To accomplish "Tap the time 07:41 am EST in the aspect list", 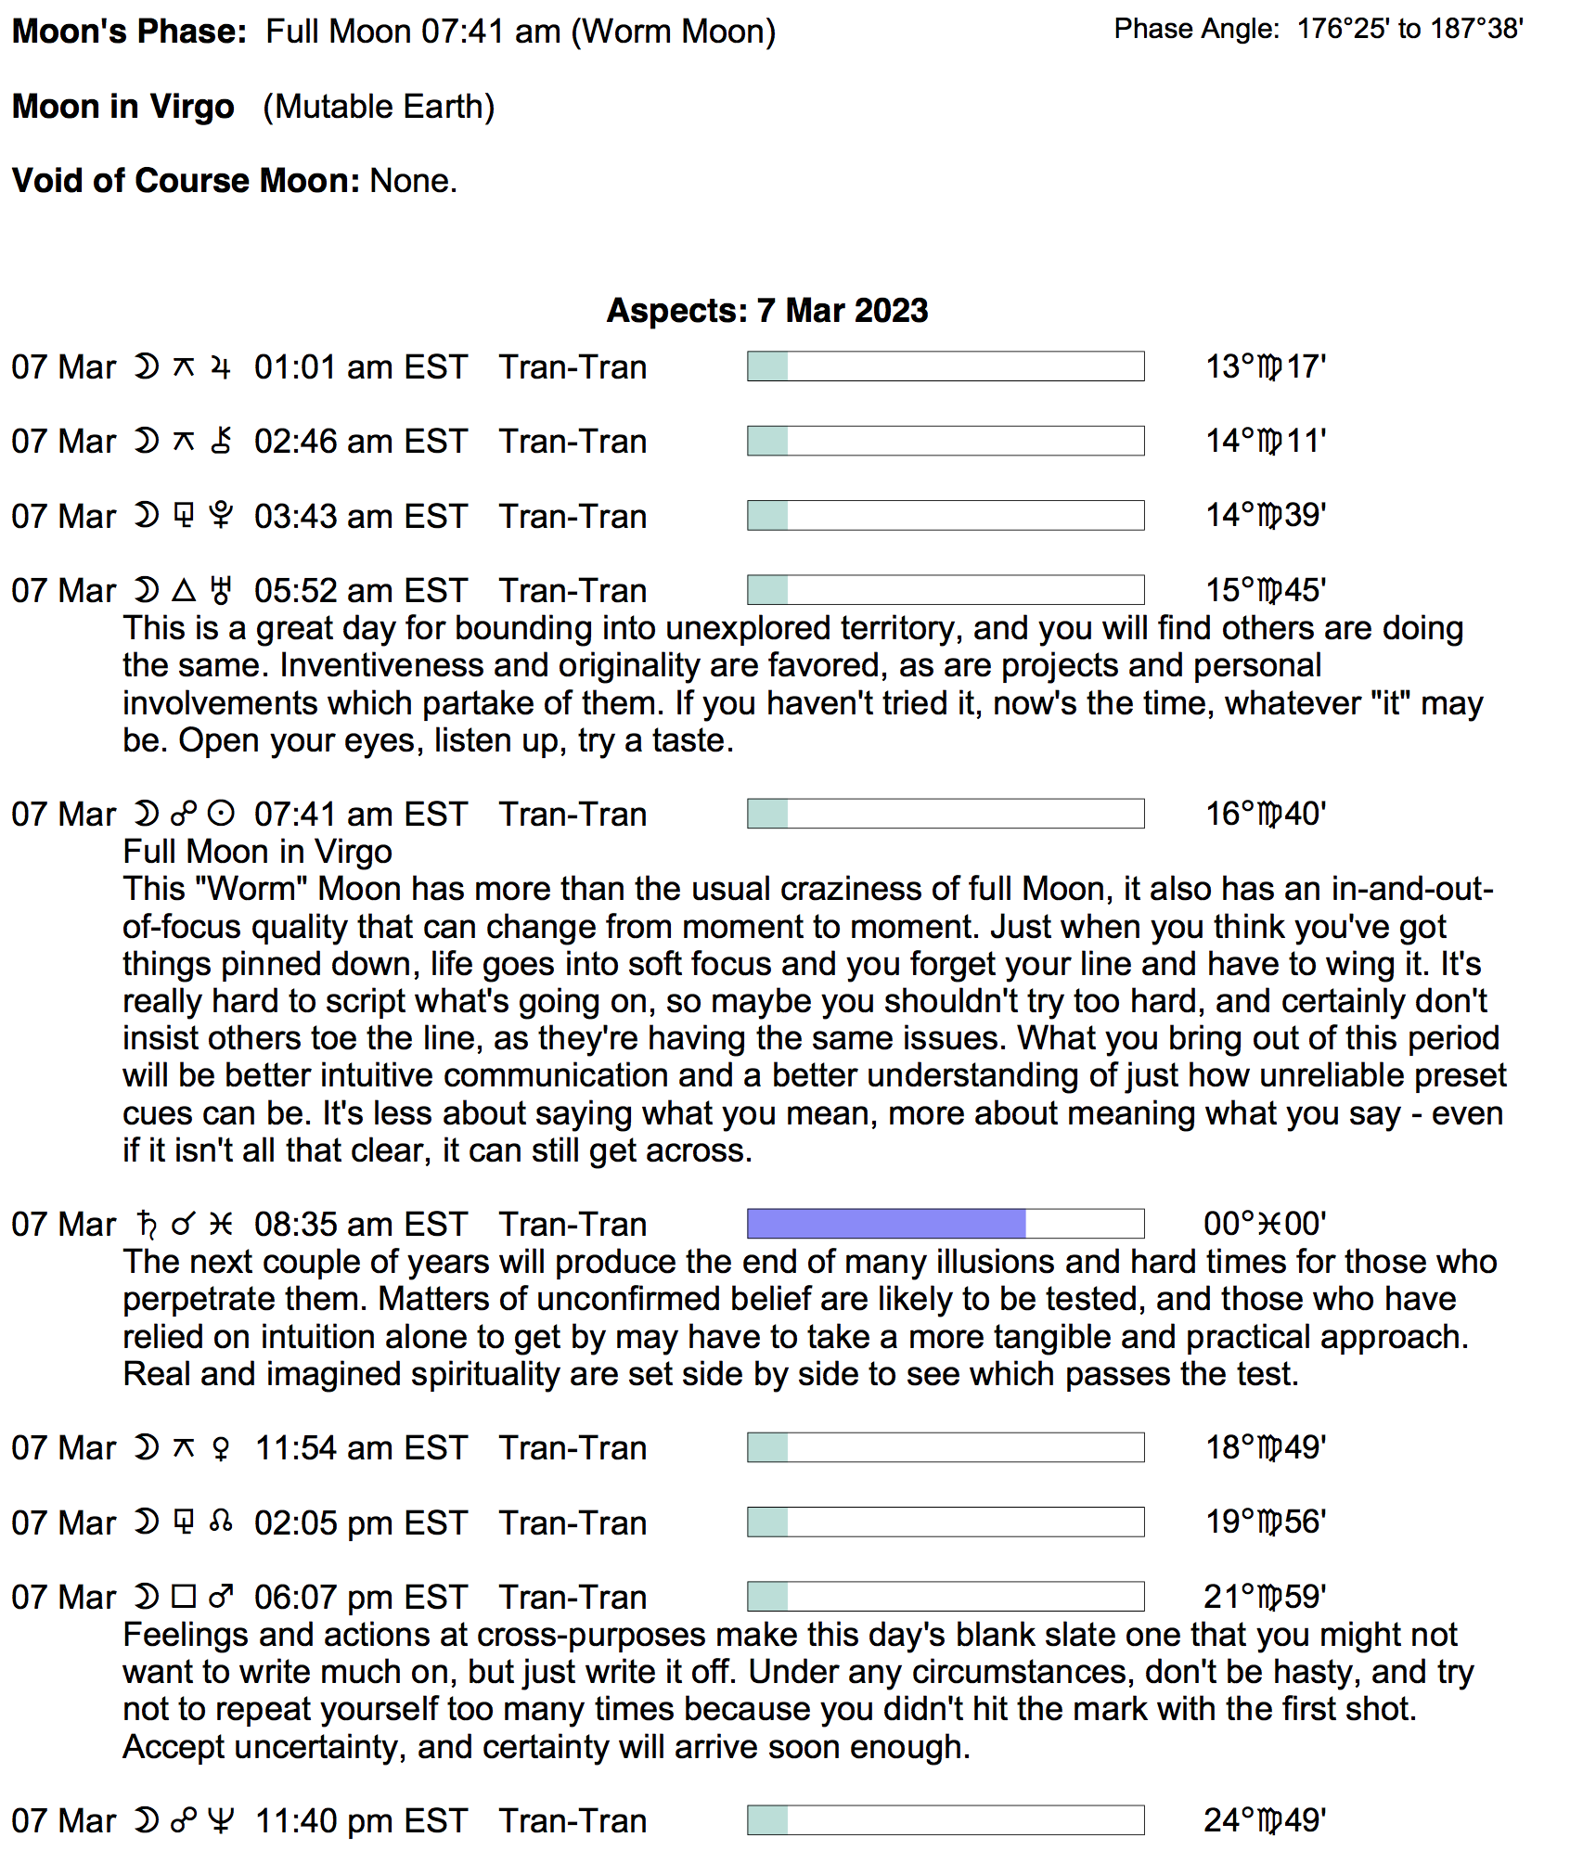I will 360,815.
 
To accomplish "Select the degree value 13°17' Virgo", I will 1265,367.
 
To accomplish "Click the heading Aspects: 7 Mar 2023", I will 766,311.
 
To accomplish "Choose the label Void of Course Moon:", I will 186,181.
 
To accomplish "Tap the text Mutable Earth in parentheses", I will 379,107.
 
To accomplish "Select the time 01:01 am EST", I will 360,367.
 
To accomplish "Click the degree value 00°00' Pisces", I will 1264,1225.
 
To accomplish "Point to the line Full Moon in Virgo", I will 257,852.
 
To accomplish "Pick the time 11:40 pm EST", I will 361,1821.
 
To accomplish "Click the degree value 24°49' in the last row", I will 1264,1821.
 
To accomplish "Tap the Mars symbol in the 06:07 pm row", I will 221,1597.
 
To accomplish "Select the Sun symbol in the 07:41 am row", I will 221,815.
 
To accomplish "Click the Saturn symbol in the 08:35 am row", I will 147,1225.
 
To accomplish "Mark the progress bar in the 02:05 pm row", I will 945,1522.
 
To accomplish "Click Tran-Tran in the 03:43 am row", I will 573,517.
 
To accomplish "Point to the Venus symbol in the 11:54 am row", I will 221,1448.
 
